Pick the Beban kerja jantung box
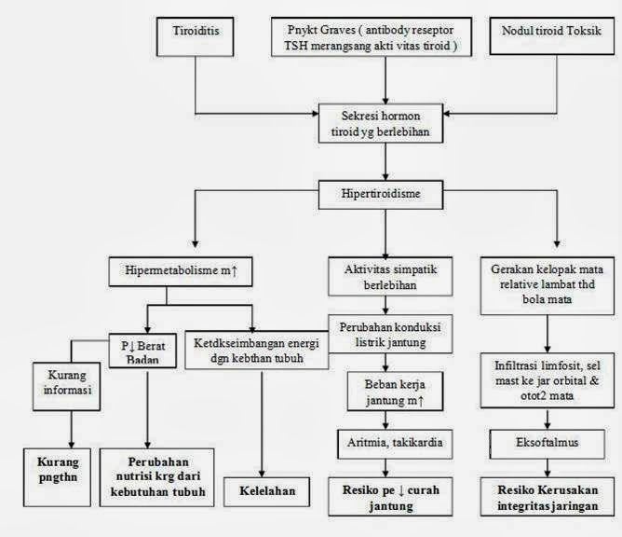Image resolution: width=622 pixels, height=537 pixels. point(384,392)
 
